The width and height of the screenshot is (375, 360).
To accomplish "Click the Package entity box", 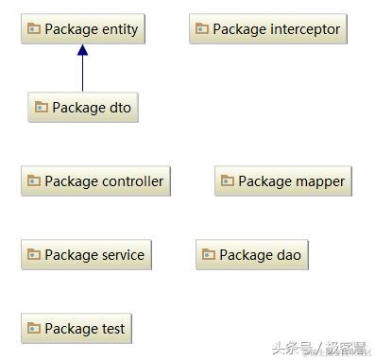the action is point(82,29).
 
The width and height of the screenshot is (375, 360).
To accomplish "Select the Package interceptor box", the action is point(267,29).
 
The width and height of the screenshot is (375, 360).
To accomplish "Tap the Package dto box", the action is point(83,108).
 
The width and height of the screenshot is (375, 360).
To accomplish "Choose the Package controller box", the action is point(95,181).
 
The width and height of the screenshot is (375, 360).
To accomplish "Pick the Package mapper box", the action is point(282,181).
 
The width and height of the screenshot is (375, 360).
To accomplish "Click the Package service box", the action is point(86,255).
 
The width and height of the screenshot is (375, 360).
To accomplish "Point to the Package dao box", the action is point(251,255).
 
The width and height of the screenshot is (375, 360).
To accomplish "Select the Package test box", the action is point(76,329).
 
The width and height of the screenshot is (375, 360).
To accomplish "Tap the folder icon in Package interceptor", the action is point(202,29).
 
